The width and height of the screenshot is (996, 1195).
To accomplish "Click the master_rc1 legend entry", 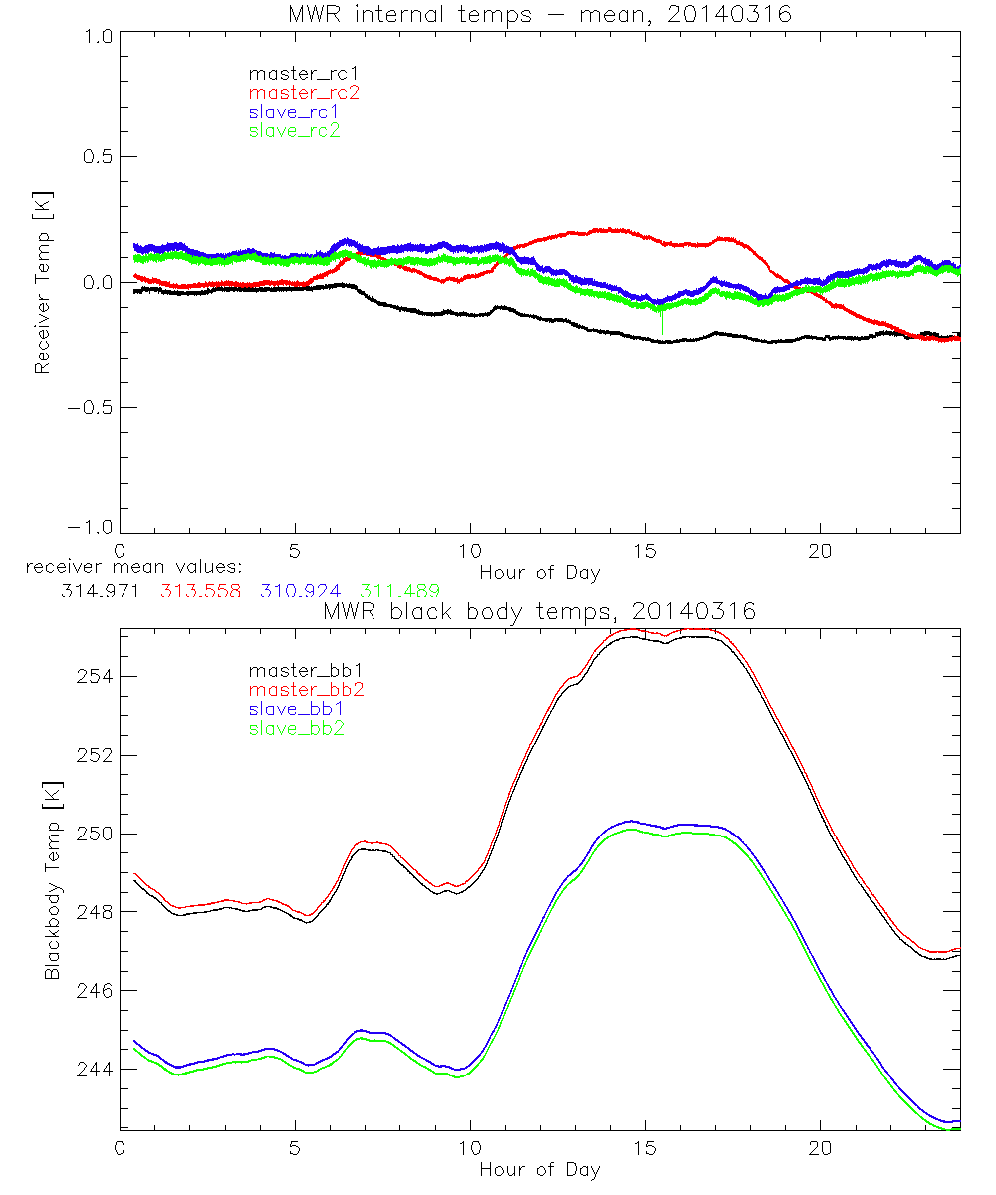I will (294, 73).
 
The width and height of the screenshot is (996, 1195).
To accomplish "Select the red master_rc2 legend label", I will (294, 93).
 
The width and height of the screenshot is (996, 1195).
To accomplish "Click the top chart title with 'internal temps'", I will (540, 14).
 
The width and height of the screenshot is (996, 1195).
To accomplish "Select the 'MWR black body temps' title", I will (540, 612).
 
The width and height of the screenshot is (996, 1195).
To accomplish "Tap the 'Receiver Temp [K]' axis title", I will (42, 283).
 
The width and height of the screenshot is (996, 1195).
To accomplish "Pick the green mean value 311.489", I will (401, 590).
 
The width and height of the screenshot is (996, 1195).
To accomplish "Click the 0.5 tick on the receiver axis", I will (96, 157).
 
